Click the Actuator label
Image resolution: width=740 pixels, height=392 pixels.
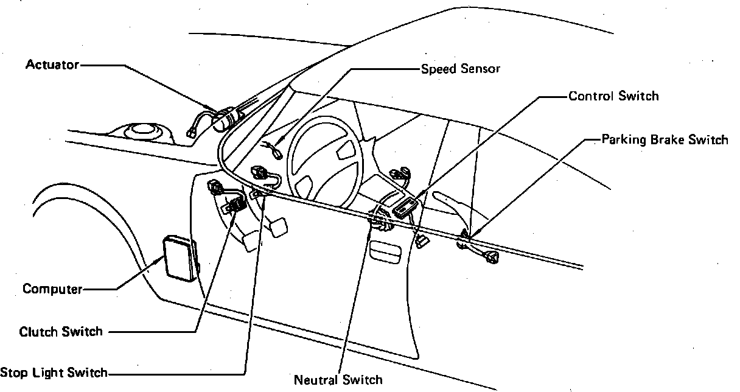52,64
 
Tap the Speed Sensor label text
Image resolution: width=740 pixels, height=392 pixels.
461,68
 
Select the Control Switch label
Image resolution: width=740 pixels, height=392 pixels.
613,96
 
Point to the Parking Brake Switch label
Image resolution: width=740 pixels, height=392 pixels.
665,139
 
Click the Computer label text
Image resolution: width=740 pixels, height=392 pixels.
52,289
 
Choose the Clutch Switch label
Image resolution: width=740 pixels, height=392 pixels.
61,332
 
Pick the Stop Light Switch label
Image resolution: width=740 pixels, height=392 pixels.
54,373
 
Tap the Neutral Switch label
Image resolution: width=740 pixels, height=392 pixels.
338,380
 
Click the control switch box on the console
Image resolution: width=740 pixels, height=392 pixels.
405,206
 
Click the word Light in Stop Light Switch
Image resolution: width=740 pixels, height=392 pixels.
51,373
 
